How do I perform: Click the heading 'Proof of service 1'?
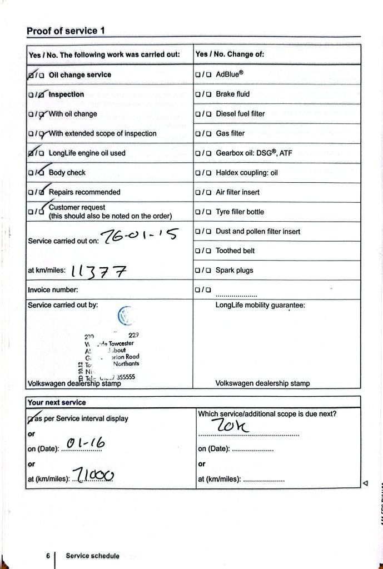pyautogui.click(x=66, y=31)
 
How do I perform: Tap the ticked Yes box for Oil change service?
pyautogui.click(x=31, y=74)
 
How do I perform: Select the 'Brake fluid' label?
pyautogui.click(x=232, y=94)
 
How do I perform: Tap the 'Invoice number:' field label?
pyautogui.click(x=53, y=290)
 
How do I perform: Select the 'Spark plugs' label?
pyautogui.click(x=234, y=271)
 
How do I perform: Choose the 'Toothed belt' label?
pyautogui.click(x=235, y=251)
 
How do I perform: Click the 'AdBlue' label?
pyautogui.click(x=230, y=74)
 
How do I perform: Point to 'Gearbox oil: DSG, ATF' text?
pyautogui.click(x=253, y=153)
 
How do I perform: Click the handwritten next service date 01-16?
pyautogui.click(x=84, y=443)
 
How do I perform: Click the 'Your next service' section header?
pyautogui.click(x=57, y=402)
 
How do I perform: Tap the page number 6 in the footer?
pyautogui.click(x=48, y=555)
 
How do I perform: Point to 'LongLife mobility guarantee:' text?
pyautogui.click(x=260, y=305)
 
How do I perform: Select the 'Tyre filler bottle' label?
pyautogui.click(x=240, y=212)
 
